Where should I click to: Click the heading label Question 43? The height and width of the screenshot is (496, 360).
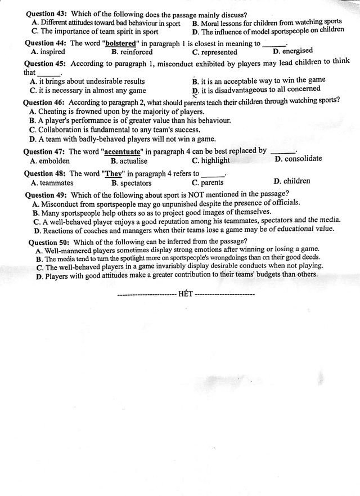pos(46,14)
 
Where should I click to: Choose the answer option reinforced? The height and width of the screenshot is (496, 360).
pos(134,52)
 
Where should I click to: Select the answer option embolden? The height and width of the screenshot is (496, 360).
pos(53,160)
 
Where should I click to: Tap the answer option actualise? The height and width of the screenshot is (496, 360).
pos(133,160)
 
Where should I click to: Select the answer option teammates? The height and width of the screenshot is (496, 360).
pos(55,183)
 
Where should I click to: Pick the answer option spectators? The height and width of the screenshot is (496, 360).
pos(134,183)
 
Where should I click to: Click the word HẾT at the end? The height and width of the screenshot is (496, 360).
pos(185,294)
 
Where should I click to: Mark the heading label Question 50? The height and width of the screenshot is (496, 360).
pos(49,243)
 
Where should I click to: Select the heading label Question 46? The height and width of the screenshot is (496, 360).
pos(44,102)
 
